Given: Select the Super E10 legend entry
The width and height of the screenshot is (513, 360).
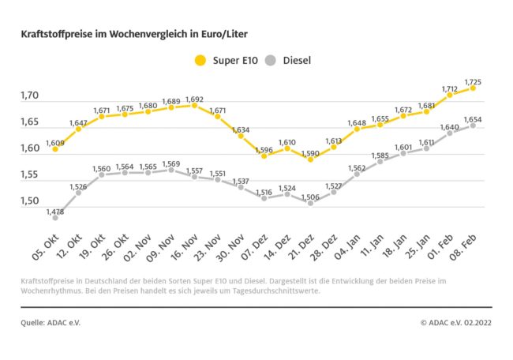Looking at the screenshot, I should [225, 59].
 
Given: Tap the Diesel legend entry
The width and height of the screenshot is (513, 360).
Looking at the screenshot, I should [296, 59].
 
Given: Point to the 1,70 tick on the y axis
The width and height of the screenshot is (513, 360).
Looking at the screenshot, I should [30, 96].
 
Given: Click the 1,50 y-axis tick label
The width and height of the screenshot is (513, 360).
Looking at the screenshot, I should [30, 201].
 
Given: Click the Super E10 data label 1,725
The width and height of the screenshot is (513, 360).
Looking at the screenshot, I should [474, 81].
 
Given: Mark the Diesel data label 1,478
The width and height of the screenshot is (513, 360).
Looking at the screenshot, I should [55, 211].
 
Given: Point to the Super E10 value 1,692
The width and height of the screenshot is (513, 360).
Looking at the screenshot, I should [194, 99].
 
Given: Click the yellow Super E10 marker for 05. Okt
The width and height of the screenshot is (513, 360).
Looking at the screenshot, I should [55, 148].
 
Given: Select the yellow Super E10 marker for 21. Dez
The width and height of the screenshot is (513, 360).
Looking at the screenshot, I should [310, 159].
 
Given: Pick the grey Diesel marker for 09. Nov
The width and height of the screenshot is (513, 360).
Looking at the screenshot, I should [171, 170].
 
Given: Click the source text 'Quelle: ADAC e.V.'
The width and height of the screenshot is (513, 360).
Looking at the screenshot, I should [51, 322].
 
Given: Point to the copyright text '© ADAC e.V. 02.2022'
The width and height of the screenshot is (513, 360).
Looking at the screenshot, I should [456, 322].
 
